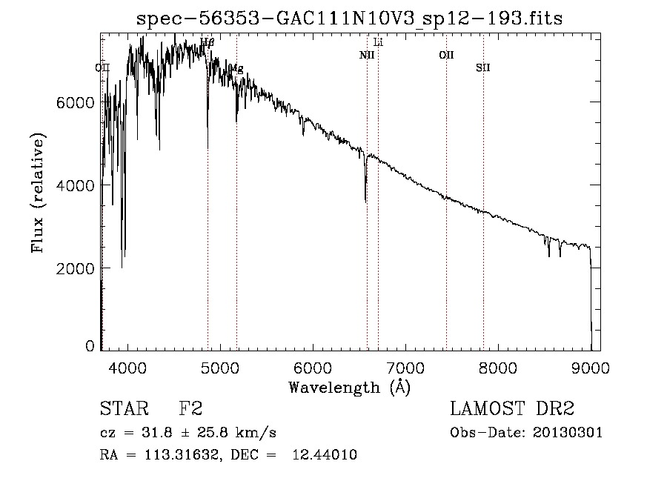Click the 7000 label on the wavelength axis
(x=405, y=367)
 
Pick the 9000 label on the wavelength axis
(x=591, y=367)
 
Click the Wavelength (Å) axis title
(x=349, y=387)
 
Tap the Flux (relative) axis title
(x=38, y=193)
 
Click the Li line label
(x=379, y=42)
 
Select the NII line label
(x=367, y=55)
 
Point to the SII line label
(x=483, y=68)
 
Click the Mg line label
(x=236, y=68)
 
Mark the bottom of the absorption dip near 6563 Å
(x=365, y=200)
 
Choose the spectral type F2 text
(x=190, y=409)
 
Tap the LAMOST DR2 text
(x=512, y=409)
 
